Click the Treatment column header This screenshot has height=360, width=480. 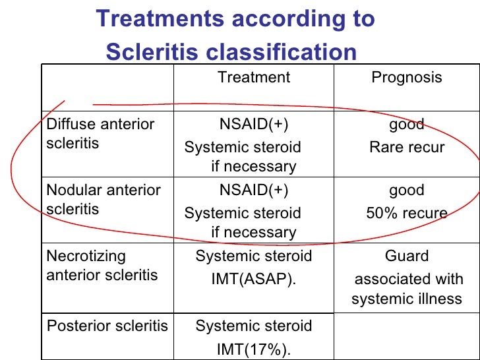[254, 78]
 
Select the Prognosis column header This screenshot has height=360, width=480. [407, 78]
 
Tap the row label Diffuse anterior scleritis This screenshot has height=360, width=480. [100, 134]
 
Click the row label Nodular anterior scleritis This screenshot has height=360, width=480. [104, 200]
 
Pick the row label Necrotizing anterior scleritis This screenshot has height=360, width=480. [102, 266]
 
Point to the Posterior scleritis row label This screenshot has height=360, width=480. [107, 326]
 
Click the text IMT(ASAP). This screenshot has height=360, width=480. [254, 280]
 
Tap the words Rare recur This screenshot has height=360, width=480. [407, 148]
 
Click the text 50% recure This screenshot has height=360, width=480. [407, 214]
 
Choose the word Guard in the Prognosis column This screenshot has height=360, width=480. [407, 256]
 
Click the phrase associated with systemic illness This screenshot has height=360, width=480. [407, 289]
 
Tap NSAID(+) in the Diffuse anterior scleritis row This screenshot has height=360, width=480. [254, 125]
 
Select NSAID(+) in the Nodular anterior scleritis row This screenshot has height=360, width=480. [254, 191]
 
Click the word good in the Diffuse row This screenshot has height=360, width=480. [407, 125]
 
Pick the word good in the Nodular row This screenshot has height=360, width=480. [407, 191]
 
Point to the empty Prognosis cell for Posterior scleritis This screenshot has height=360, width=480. [407, 336]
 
